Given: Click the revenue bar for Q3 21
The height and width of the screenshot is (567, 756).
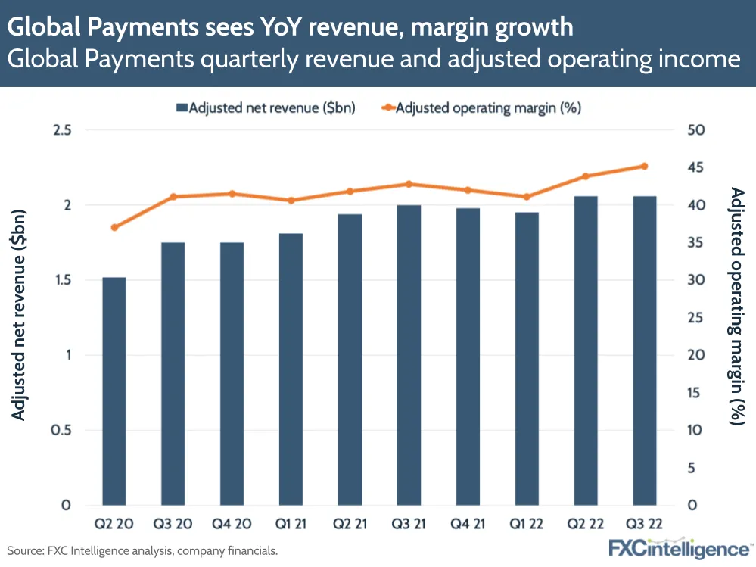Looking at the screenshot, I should [409, 355].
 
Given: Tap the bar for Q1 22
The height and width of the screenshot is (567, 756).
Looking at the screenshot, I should [527, 359].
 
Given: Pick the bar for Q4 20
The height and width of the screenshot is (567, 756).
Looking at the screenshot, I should [232, 374].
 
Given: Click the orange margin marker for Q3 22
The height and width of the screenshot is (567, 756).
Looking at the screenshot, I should [645, 166].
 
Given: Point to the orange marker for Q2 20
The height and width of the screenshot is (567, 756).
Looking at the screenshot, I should [114, 227].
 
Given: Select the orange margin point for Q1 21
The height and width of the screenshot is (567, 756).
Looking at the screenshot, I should [291, 200].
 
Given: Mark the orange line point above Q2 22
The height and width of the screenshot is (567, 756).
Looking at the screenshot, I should [586, 176].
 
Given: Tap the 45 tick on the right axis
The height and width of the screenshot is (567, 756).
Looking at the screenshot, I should [696, 167].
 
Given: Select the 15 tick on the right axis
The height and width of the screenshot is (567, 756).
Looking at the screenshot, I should [696, 393].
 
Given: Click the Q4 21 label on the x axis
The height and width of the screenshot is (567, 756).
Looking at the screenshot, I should [468, 525].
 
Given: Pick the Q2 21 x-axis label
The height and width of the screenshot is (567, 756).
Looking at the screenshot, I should [350, 525].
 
